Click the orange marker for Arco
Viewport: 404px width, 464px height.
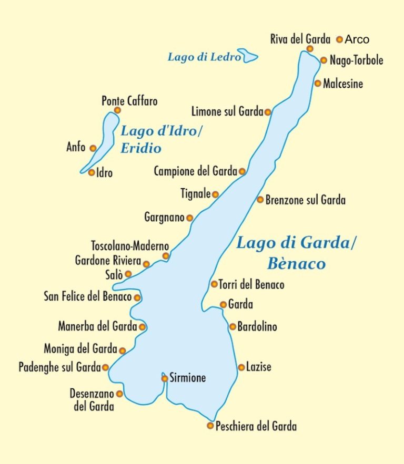pyautogui.click(x=340, y=39)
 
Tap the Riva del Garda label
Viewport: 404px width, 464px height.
pyautogui.click(x=300, y=39)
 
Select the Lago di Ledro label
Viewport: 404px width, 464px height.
pyautogui.click(x=204, y=57)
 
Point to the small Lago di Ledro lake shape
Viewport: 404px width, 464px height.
pyautogui.click(x=248, y=56)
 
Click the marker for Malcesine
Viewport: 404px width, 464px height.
pyautogui.click(x=318, y=83)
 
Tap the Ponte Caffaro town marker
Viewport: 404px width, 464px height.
pyautogui.click(x=117, y=110)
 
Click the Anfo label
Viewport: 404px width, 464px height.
pyautogui.click(x=76, y=148)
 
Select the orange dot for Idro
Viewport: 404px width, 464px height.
pyautogui.click(x=92, y=172)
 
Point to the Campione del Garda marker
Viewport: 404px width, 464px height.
pyautogui.click(x=242, y=171)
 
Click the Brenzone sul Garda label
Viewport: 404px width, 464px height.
pyautogui.click(x=306, y=200)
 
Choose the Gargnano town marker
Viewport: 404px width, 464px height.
pyautogui.click(x=189, y=218)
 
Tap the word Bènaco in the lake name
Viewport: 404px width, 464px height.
pyautogui.click(x=296, y=264)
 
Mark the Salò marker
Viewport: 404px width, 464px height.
pyautogui.click(x=128, y=274)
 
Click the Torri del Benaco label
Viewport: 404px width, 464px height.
pyautogui.click(x=251, y=285)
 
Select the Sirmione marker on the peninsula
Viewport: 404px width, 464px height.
pyautogui.click(x=165, y=378)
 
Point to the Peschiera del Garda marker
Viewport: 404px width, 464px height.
pyautogui.click(x=210, y=426)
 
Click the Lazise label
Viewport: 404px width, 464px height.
pyautogui.click(x=259, y=367)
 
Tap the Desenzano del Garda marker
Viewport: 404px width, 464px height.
pyautogui.click(x=119, y=394)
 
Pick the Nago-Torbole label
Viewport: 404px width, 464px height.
pyautogui.click(x=356, y=60)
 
